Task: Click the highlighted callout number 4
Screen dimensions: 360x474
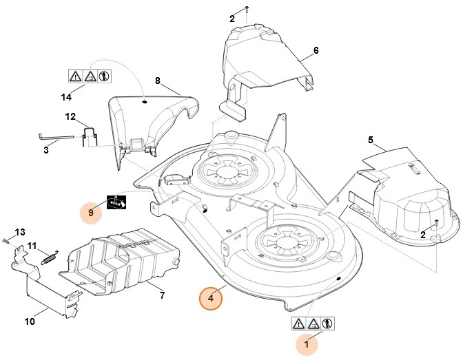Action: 211,299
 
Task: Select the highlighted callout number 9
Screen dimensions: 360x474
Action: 91,212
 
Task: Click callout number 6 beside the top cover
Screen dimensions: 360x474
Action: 316,51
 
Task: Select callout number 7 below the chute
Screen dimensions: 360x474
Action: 162,295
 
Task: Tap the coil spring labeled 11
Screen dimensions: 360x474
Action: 48,256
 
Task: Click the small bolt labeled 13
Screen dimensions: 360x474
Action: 5,240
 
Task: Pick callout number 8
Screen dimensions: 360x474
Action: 157,81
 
